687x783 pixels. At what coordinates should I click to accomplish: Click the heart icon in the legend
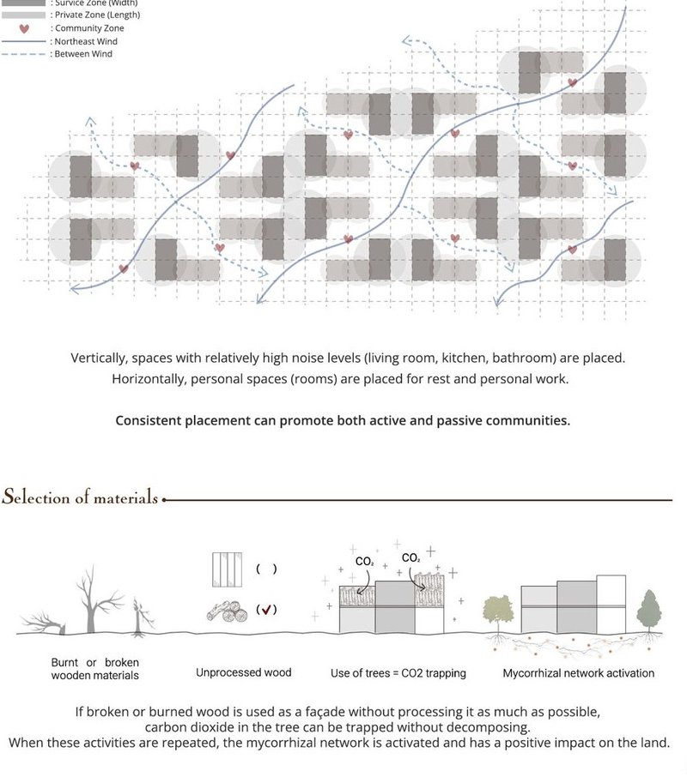[24, 28]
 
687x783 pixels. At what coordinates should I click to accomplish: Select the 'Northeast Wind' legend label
[85, 41]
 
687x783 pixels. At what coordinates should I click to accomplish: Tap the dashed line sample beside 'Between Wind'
[24, 54]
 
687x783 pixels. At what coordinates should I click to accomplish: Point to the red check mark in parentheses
[266, 610]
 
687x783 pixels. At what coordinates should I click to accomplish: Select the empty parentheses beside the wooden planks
[266, 569]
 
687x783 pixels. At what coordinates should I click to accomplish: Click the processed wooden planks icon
[227, 569]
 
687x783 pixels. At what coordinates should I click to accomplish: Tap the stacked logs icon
[227, 611]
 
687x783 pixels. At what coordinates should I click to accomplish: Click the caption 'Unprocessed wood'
[243, 672]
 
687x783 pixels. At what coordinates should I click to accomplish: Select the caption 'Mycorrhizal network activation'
[578, 673]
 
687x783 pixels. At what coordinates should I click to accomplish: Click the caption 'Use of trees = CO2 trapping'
[398, 673]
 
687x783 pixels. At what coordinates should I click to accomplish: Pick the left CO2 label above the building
[365, 562]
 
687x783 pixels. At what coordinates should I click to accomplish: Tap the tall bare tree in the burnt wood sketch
[88, 600]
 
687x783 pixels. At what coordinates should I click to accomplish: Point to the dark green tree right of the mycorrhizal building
[648, 611]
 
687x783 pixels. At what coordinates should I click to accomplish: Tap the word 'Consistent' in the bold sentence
[149, 420]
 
